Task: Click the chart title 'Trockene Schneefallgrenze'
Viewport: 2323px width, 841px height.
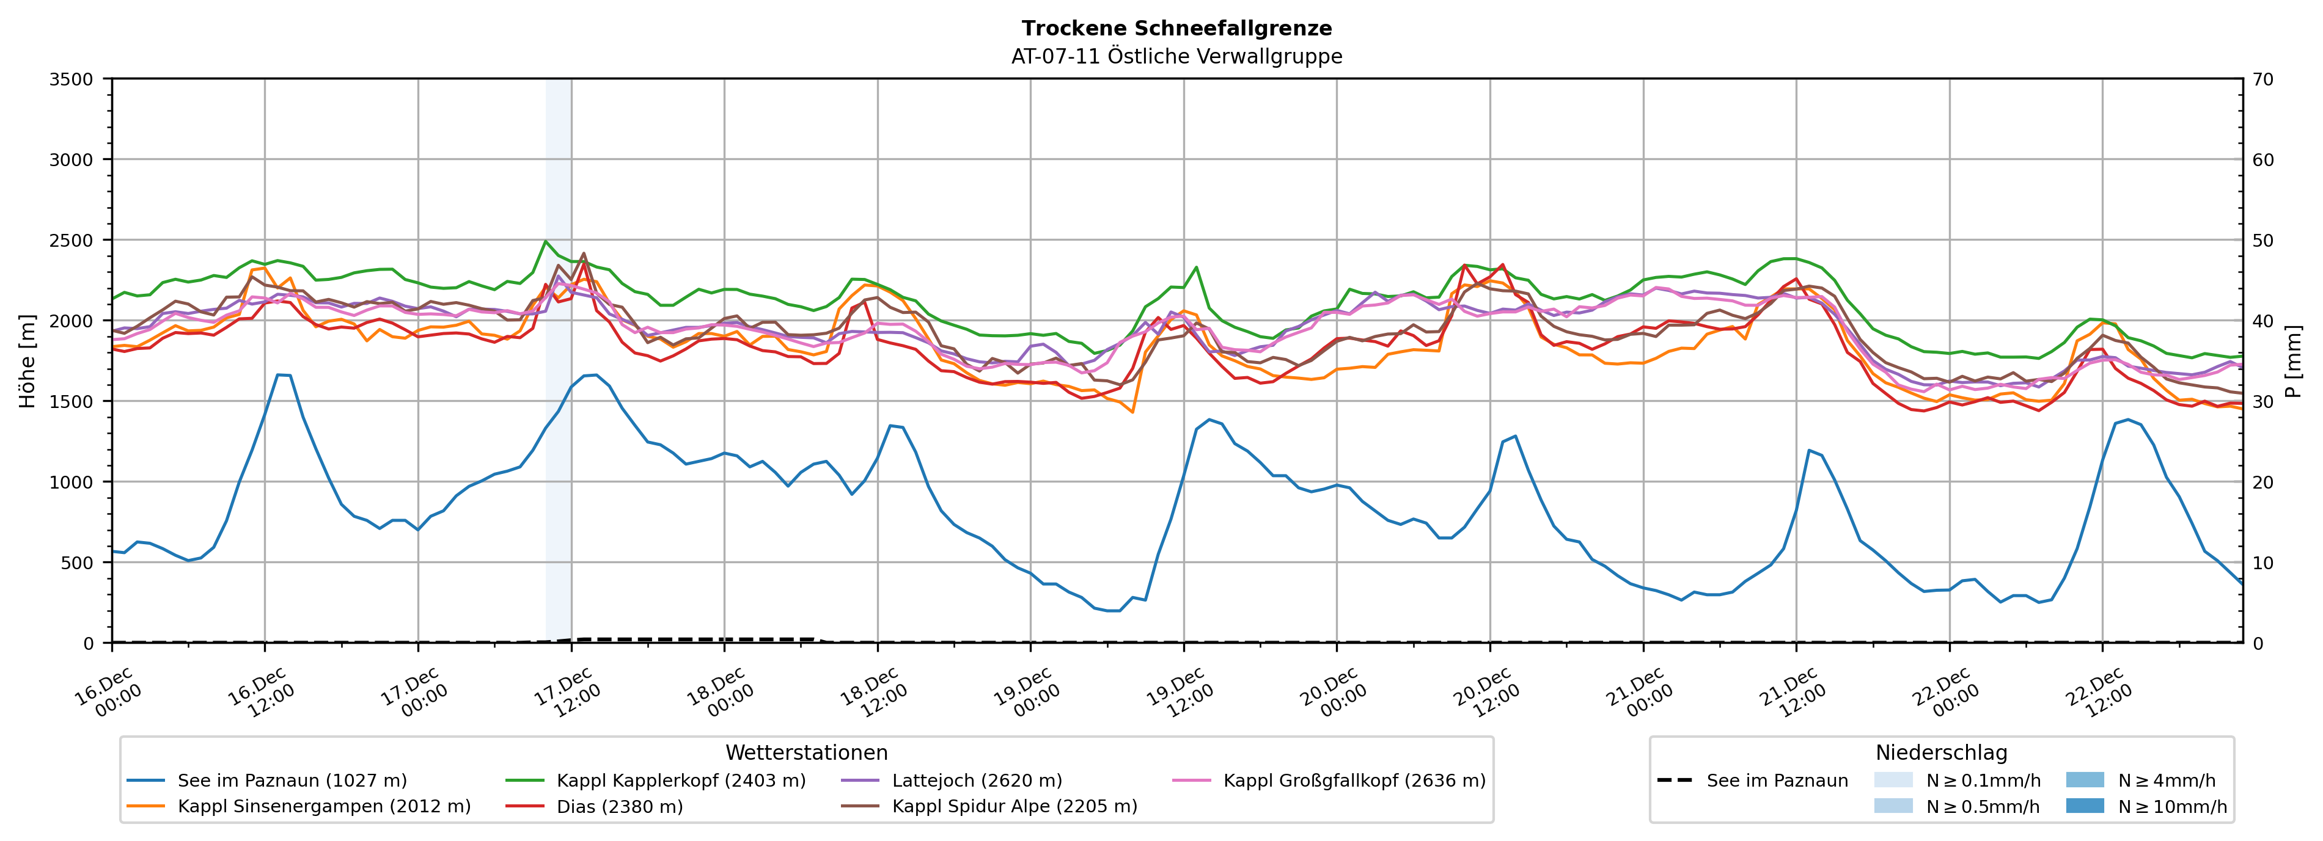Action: [1176, 29]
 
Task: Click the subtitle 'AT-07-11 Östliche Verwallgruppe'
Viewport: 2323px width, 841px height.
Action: [1176, 57]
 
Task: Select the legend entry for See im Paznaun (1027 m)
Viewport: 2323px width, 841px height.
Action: [292, 781]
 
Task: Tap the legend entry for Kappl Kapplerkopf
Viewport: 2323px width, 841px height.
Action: [681, 781]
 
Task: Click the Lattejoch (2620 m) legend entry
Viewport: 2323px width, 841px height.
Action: [977, 781]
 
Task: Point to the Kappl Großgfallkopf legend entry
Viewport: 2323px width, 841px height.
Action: [1354, 781]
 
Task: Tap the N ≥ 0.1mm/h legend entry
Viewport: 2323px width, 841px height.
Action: [1982, 781]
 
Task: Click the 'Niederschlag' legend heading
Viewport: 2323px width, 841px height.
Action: [1940, 752]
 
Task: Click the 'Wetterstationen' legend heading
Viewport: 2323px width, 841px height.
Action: [806, 752]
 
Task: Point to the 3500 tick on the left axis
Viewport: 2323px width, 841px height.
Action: [72, 79]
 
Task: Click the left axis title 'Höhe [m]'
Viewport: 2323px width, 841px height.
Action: [28, 360]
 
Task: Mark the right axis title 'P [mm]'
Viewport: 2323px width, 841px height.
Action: [2293, 360]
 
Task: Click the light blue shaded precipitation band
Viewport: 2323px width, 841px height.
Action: [558, 360]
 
